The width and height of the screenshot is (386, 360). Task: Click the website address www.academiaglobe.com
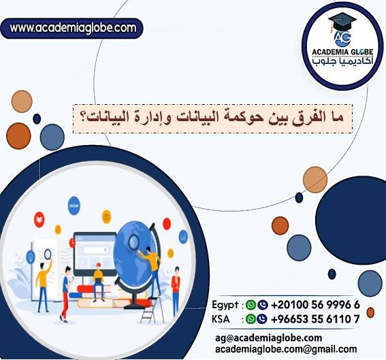tap(73, 29)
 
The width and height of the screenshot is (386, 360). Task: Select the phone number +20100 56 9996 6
tap(315, 306)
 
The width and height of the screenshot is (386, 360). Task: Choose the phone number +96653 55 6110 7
tap(315, 318)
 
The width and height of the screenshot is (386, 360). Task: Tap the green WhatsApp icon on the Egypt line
tap(251, 306)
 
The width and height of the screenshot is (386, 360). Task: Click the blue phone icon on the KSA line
tap(261, 318)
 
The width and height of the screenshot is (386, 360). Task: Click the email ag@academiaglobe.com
tap(268, 338)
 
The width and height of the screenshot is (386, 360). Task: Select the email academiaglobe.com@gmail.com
tap(285, 348)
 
